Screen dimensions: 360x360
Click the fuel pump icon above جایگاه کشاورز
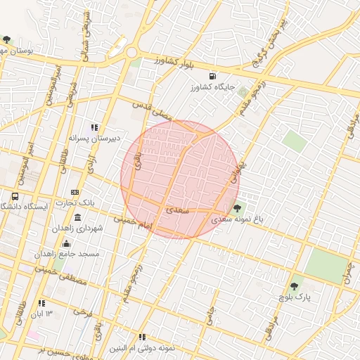click(x=212, y=76)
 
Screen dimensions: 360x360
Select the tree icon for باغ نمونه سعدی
click(x=237, y=207)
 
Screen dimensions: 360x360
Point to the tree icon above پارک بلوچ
click(x=294, y=286)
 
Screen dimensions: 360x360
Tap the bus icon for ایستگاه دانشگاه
click(x=15, y=197)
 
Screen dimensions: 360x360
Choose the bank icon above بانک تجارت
click(x=76, y=192)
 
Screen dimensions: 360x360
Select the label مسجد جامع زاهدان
click(x=70, y=253)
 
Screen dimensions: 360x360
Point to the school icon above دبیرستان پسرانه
click(x=94, y=127)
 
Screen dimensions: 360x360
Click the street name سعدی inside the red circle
click(x=174, y=210)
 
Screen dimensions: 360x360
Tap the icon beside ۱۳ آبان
click(x=41, y=303)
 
